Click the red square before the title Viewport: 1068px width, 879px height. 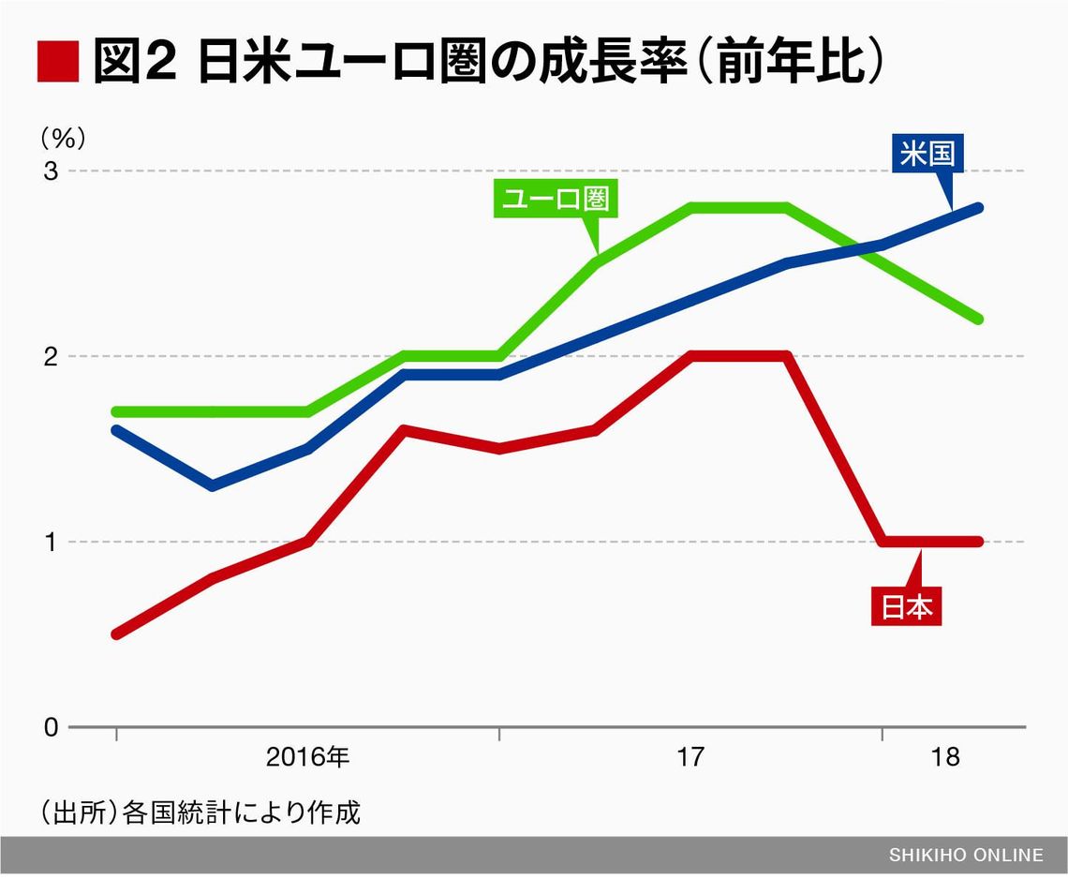click(x=58, y=64)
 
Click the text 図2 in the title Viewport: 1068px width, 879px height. click(x=135, y=64)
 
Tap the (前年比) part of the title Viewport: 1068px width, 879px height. click(x=792, y=64)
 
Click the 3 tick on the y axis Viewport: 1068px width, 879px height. click(x=50, y=171)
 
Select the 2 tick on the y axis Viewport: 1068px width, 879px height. click(x=50, y=357)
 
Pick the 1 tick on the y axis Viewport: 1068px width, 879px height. click(x=50, y=542)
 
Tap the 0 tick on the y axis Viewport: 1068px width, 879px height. click(x=50, y=727)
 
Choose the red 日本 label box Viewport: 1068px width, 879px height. click(x=906, y=606)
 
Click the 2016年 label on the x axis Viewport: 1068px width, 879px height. click(x=307, y=757)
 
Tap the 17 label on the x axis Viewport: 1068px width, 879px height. click(x=690, y=757)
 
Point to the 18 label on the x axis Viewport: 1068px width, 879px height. click(x=947, y=757)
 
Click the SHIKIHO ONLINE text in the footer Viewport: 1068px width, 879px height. click(x=966, y=855)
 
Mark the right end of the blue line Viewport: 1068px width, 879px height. click(x=978, y=208)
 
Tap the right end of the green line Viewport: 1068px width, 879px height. click(x=978, y=320)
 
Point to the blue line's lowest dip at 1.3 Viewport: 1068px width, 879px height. click(x=213, y=485)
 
